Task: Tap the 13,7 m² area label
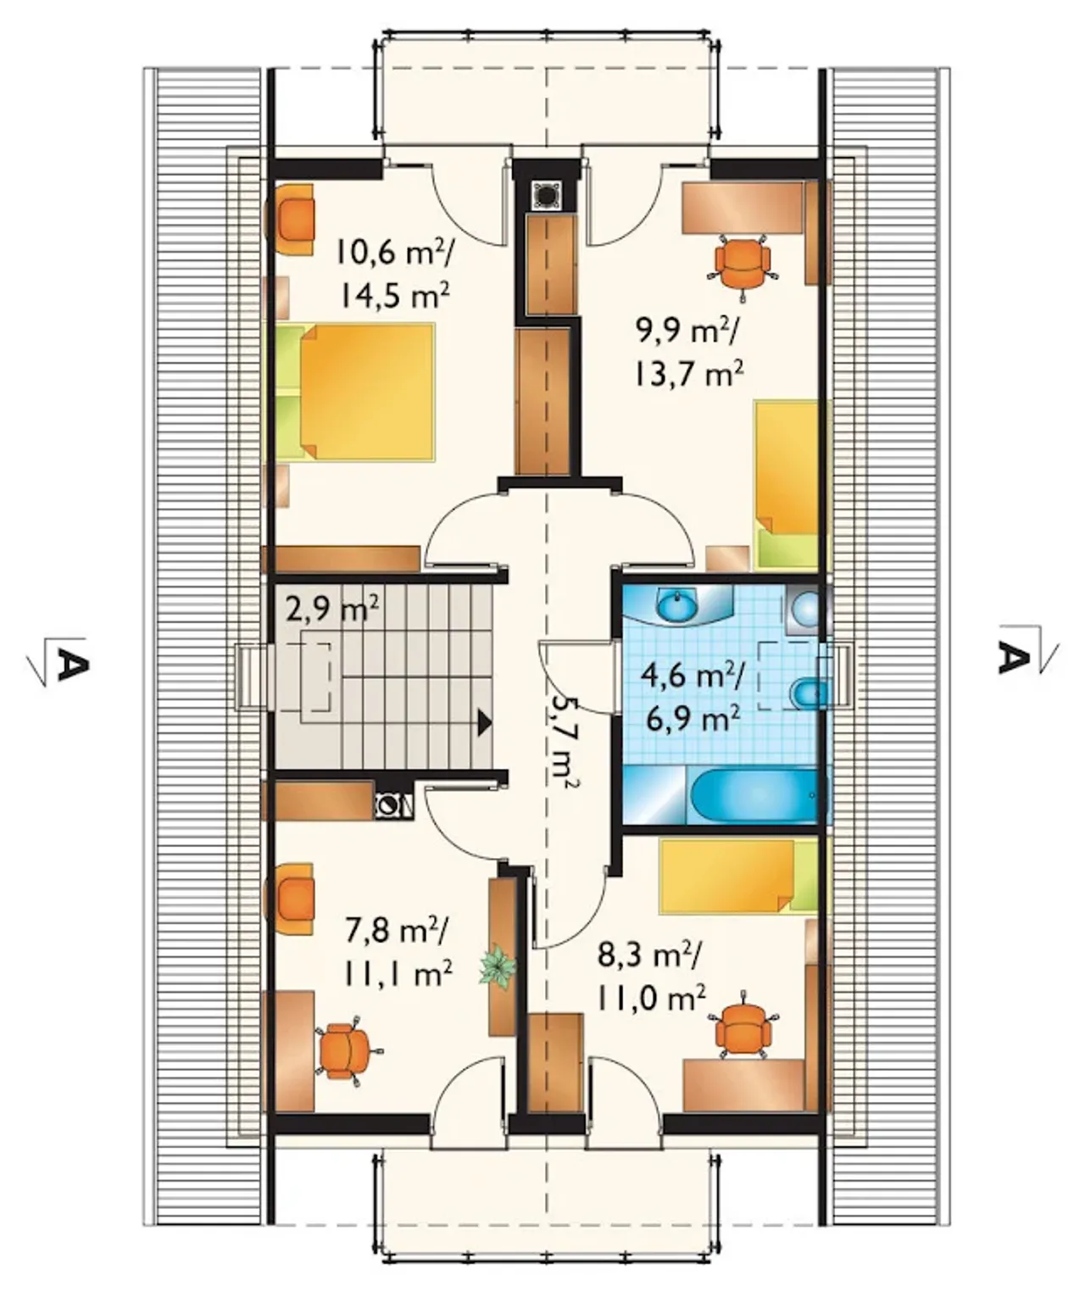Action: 687,372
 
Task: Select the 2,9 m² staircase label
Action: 333,610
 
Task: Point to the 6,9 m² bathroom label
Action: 693,718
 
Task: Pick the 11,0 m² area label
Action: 651,997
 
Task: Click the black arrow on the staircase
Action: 484,722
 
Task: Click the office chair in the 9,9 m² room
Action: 742,262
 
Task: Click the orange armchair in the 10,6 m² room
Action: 290,220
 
